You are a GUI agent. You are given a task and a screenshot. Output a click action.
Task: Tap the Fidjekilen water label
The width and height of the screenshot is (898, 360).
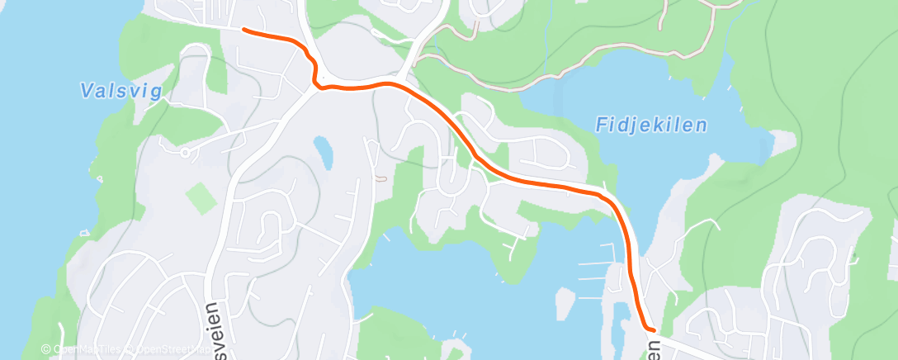[651, 126]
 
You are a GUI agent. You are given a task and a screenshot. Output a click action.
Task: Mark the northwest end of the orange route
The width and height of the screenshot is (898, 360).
[244, 30]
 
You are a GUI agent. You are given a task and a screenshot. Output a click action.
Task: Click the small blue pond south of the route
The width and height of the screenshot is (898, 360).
[323, 150]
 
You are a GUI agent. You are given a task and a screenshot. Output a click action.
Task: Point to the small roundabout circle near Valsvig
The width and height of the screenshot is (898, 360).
[185, 152]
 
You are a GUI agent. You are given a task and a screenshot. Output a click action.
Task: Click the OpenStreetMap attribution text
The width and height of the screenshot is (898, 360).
[169, 350]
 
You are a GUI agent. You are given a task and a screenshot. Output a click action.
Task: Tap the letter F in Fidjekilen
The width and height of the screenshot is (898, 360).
[600, 126]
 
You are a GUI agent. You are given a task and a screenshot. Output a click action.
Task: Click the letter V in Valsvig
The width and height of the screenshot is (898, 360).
[86, 91]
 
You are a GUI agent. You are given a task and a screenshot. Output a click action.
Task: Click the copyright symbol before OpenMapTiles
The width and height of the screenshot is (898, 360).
[46, 350]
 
